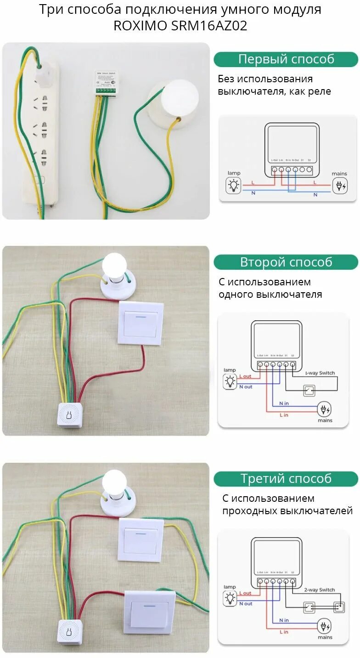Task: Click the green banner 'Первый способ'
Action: tap(286, 59)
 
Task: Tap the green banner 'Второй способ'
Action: tap(286, 262)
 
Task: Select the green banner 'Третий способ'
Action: tap(286, 478)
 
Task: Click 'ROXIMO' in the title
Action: tap(141, 26)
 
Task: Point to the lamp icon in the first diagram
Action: tap(234, 185)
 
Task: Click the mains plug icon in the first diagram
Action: tap(340, 186)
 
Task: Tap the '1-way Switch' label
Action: tap(320, 373)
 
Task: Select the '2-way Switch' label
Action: tap(320, 590)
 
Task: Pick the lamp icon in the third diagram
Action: tap(230, 598)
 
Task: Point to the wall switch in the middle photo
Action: tap(141, 323)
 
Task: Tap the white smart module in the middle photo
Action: tap(70, 415)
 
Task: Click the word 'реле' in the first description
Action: tap(320, 91)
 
